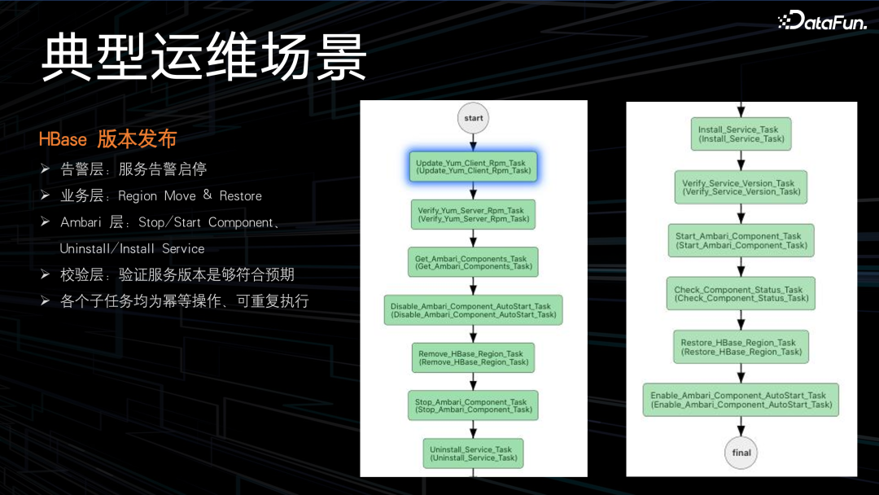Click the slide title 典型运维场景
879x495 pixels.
(204, 58)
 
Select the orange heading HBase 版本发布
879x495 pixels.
(107, 139)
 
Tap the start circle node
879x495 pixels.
(474, 118)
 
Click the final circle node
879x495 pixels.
(741, 453)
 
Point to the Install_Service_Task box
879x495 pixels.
(741, 134)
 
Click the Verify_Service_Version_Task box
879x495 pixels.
(741, 187)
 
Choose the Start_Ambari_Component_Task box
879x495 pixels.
(741, 240)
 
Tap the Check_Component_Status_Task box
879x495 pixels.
(741, 294)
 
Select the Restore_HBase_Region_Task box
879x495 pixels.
(741, 347)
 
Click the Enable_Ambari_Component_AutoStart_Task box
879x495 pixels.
(741, 400)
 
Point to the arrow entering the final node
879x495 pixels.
(741, 427)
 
